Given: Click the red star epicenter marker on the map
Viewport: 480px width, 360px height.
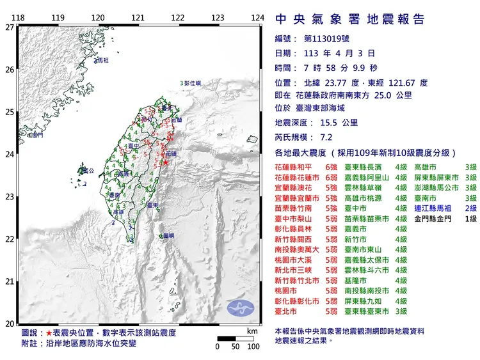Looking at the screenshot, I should tap(166, 163).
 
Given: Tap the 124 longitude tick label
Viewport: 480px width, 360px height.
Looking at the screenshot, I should tap(258, 17).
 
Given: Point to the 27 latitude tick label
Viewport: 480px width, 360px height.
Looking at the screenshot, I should tap(9, 27).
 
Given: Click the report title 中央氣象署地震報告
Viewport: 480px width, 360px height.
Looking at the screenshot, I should tap(349, 19).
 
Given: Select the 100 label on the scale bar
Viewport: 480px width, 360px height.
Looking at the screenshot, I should tap(253, 347).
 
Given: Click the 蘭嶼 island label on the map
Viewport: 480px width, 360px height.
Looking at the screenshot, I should tap(168, 236).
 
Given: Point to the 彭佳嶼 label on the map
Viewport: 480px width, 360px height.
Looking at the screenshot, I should tap(191, 84).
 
